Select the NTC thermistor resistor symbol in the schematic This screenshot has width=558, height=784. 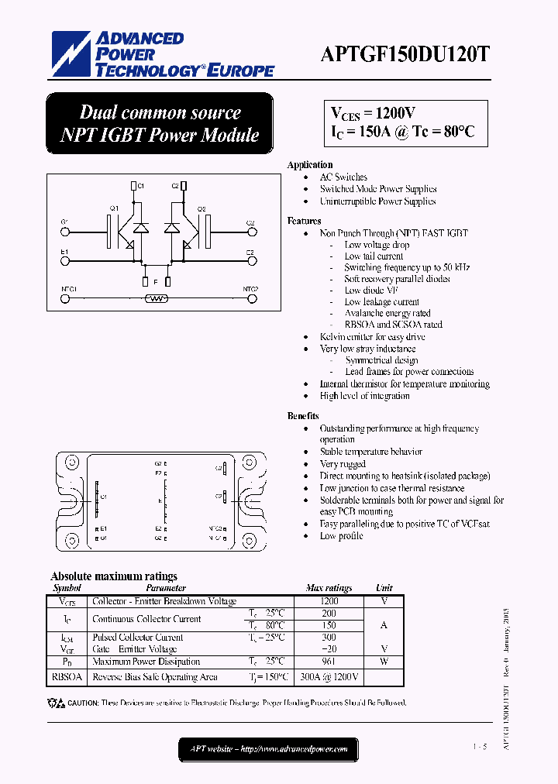tap(157, 297)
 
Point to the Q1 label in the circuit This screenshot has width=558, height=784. tap(114, 208)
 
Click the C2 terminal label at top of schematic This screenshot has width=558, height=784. tap(175, 185)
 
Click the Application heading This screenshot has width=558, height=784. tap(309, 165)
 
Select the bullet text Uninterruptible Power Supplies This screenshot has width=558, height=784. tap(377, 201)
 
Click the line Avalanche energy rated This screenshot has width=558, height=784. tap(387, 314)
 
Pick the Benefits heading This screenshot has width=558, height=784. tap(303, 416)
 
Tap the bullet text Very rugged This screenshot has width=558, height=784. tap(343, 464)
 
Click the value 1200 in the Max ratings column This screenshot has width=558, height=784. tap(329, 601)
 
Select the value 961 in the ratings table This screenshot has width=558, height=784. tap(329, 662)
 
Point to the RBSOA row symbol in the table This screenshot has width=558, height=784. tap(67, 677)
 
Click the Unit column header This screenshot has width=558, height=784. tap(384, 589)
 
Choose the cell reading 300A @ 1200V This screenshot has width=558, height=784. tap(329, 677)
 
